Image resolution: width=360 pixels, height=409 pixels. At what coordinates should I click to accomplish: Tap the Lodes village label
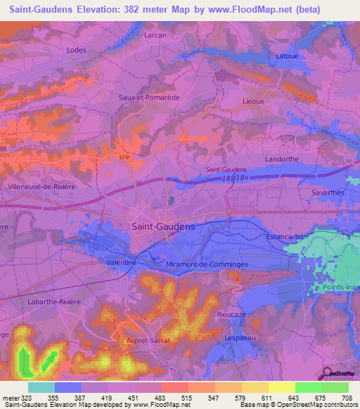(x=75, y=50)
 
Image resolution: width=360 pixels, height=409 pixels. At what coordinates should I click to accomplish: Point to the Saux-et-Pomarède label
(x=150, y=97)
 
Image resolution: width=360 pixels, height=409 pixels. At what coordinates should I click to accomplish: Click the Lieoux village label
(x=252, y=101)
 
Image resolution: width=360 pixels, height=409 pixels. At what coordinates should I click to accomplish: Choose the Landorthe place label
(x=282, y=159)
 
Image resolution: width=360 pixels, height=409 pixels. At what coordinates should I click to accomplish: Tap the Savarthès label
(x=328, y=192)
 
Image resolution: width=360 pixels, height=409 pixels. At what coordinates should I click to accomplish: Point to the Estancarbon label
(x=288, y=237)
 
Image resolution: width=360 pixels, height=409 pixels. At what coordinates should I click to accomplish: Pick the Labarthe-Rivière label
(x=56, y=301)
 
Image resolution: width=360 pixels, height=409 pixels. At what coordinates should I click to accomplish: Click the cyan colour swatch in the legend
(x=41, y=387)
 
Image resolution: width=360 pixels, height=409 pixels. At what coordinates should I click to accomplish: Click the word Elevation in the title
(x=115, y=10)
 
